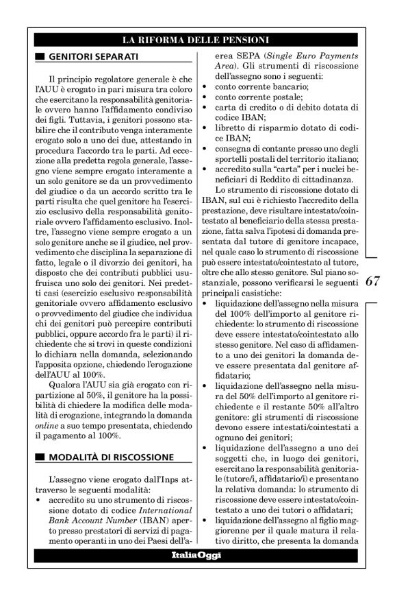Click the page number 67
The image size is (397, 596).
(374, 282)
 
